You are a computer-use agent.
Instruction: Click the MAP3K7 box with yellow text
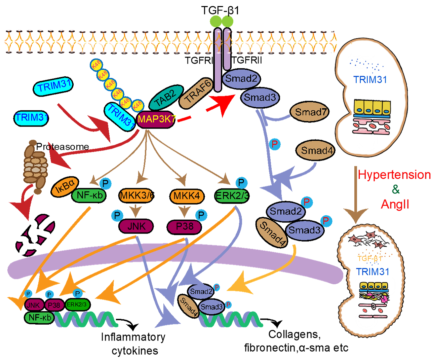[x=155, y=119]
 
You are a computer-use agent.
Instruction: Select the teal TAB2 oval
[x=166, y=97]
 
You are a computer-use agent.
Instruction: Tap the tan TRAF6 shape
[x=196, y=93]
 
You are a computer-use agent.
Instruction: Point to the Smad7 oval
[x=309, y=112]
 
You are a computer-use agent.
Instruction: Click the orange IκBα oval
[x=65, y=186]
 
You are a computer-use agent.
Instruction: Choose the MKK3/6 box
[x=136, y=195]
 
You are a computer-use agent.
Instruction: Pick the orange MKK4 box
[x=187, y=196]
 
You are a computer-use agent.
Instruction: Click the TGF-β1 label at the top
[x=220, y=10]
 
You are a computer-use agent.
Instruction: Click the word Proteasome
[x=63, y=147]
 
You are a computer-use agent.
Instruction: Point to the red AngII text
[x=395, y=204]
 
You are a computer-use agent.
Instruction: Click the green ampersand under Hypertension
[x=396, y=189]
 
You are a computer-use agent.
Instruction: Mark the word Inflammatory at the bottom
[x=133, y=337]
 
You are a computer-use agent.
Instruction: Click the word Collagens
[x=294, y=334]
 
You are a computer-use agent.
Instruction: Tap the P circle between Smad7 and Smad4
[x=275, y=144]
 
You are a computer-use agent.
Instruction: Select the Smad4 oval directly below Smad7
[x=315, y=150]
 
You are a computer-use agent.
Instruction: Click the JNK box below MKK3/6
[x=136, y=226]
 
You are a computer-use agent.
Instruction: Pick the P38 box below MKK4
[x=184, y=226]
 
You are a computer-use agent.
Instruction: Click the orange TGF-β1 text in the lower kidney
[x=369, y=258]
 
